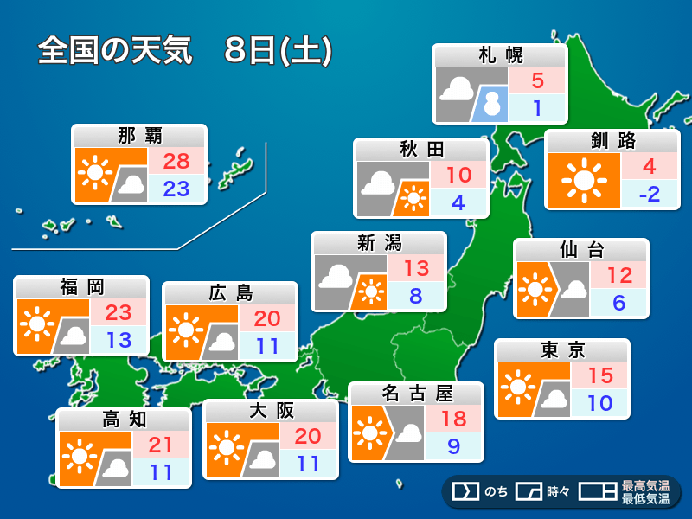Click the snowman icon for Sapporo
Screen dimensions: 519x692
tap(493, 104)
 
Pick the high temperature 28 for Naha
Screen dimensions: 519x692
tap(176, 160)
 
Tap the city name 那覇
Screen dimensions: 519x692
tap(139, 136)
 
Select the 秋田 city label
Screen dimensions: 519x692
tap(421, 150)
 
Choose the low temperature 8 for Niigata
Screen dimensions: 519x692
tap(416, 296)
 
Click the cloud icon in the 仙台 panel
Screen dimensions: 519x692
tap(572, 292)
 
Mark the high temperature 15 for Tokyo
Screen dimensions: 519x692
tap(599, 376)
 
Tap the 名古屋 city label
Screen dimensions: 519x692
tap(416, 394)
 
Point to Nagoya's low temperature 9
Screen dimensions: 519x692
tap(454, 447)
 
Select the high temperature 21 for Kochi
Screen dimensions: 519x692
tap(162, 445)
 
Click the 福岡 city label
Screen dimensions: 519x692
tap(81, 287)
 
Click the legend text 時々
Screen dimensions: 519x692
tap(558, 492)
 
